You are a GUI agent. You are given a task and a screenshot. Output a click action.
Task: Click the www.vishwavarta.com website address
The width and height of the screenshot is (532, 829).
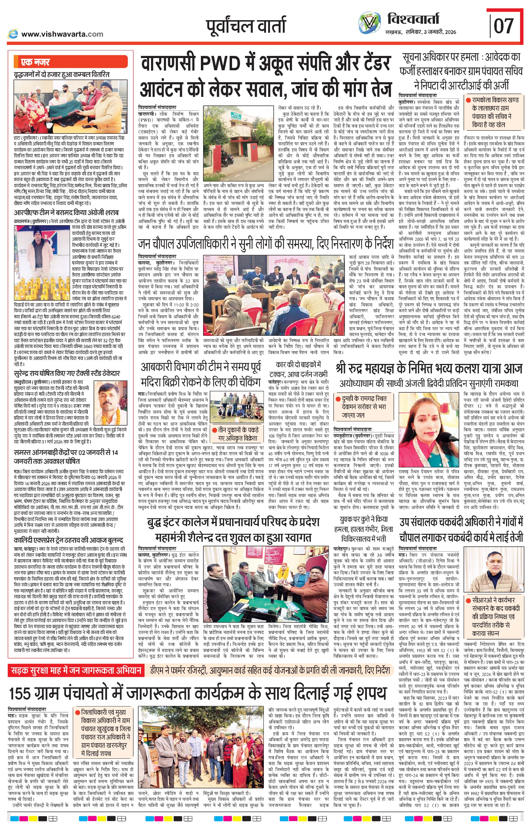tap(62, 34)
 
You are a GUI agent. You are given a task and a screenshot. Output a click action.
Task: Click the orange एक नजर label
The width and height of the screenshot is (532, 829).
tap(35, 62)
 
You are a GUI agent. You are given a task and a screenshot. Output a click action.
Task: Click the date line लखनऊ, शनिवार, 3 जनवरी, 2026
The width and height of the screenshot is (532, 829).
tap(420, 32)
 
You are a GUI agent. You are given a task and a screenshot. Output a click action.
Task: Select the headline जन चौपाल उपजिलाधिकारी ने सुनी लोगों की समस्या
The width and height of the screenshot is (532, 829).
tap(265, 244)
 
